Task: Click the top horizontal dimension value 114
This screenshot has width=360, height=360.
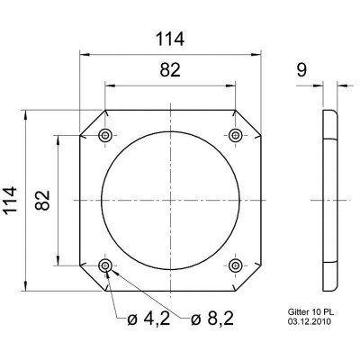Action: [x=169, y=39]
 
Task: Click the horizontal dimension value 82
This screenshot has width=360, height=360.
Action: [x=170, y=71]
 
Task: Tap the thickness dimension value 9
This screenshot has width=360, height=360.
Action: [x=303, y=68]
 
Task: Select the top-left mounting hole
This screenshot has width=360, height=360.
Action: [x=106, y=134]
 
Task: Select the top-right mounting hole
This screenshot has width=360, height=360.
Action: [x=236, y=134]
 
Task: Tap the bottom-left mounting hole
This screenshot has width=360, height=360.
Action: [x=106, y=265]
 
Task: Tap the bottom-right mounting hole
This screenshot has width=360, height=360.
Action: [x=236, y=265]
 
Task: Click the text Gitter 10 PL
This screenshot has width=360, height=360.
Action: [x=310, y=310]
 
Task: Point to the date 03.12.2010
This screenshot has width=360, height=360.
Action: [x=308, y=320]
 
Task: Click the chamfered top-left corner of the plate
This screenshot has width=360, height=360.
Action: [x=93, y=121]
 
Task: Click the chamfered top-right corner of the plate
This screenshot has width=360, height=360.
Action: [x=249, y=121]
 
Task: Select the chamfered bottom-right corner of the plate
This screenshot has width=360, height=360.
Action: [x=249, y=278]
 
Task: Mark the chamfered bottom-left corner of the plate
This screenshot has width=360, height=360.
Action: [x=93, y=278]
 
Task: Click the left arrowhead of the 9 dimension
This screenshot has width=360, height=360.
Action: [x=320, y=87]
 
